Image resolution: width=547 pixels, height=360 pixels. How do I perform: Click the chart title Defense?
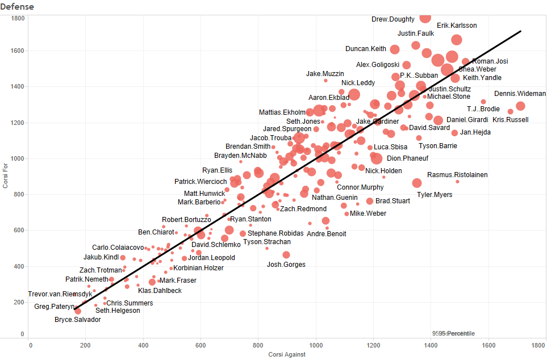(x=18, y=7)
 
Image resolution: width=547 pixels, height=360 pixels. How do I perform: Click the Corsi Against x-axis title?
(x=287, y=355)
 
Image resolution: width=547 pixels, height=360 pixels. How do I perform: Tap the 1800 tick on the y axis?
(x=18, y=19)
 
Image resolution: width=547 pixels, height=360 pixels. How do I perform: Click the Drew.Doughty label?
(x=393, y=19)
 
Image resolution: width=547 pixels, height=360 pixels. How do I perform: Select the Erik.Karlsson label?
(x=457, y=26)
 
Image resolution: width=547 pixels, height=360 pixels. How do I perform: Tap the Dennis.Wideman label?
(x=520, y=94)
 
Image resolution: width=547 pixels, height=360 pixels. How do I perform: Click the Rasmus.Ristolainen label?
(x=457, y=175)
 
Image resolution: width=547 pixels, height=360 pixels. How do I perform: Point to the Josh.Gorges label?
(x=286, y=265)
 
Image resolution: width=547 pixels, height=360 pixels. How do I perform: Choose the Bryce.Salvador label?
(x=77, y=320)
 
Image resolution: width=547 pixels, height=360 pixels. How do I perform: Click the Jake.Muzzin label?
(x=325, y=74)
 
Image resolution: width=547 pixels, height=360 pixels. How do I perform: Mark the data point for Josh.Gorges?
(x=286, y=255)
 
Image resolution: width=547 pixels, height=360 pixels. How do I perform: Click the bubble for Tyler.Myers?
(x=417, y=183)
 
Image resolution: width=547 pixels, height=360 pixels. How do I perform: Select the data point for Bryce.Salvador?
(x=78, y=311)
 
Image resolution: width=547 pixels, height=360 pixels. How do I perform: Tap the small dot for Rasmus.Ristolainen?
(x=457, y=182)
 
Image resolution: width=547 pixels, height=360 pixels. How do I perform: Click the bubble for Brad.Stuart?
(x=370, y=201)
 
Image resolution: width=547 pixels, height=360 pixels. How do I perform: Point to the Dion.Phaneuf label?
(x=407, y=158)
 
